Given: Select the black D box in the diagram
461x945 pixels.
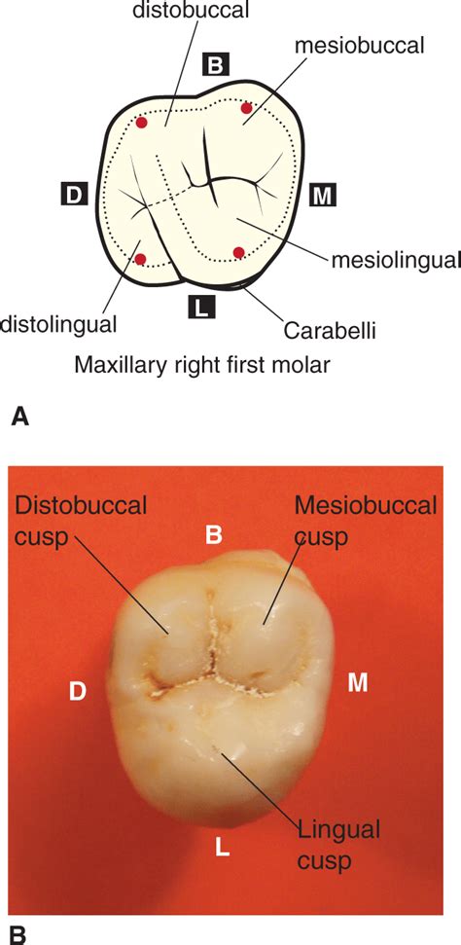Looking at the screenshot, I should pos(74,193).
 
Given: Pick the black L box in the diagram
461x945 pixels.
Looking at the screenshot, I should pos(200,308).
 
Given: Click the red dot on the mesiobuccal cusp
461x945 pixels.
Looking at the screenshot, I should pos(246,108).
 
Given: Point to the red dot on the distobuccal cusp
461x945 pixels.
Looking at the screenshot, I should pos(142,123).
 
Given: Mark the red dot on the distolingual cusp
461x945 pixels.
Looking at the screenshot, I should pos(141,258).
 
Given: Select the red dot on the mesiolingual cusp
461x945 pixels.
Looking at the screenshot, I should pos(239,254).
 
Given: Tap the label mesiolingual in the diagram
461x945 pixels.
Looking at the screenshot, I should pos(394,260).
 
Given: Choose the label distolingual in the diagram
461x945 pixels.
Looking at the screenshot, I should pos(58,321).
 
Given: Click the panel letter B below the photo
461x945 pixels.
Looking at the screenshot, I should pos(18,934).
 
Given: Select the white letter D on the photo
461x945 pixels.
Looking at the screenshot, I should pos(78,691).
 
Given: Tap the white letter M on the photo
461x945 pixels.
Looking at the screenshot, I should pos(358,683).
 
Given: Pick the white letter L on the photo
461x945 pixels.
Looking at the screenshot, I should pos(222,848).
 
